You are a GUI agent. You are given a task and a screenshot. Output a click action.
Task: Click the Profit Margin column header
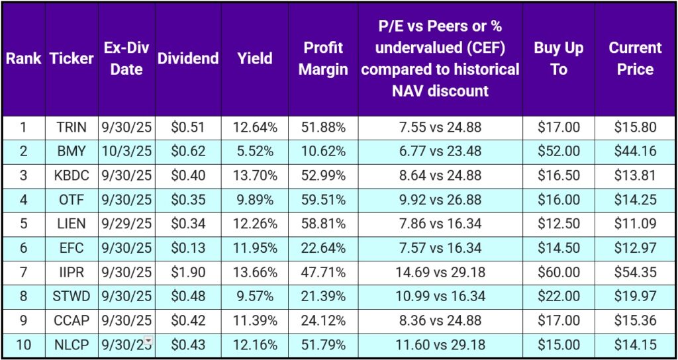coord(323,58)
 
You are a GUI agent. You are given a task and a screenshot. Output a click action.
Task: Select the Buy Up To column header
coord(558,58)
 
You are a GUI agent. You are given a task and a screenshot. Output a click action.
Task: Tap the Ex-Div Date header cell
coord(126,58)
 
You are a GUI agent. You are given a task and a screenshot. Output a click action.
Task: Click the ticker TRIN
coord(72,127)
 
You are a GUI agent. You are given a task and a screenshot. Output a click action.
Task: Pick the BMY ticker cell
coord(72,151)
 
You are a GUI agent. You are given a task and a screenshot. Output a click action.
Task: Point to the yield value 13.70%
coord(255,175)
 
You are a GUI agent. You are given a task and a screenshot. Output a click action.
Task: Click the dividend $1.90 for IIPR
coord(187,271)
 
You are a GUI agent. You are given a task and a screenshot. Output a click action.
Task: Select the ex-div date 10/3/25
coord(126,151)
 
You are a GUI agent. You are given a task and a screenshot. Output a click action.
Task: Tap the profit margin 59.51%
coord(323,199)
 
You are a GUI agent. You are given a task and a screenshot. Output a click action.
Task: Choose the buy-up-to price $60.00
coord(558,271)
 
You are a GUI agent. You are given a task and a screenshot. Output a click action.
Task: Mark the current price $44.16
coord(634,151)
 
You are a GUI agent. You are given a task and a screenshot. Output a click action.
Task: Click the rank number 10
coord(23,344)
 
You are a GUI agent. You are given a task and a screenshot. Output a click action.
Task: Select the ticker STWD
coord(72,296)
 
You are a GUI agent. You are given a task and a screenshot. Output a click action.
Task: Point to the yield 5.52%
coord(255,151)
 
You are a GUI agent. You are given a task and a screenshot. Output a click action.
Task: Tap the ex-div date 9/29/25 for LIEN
coord(126,224)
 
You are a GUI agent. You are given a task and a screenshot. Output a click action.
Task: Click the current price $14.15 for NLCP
coord(634,344)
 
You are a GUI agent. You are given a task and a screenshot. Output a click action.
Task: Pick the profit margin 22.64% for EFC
coord(323,247)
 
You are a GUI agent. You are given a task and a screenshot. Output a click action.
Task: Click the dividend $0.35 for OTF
coord(187,199)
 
